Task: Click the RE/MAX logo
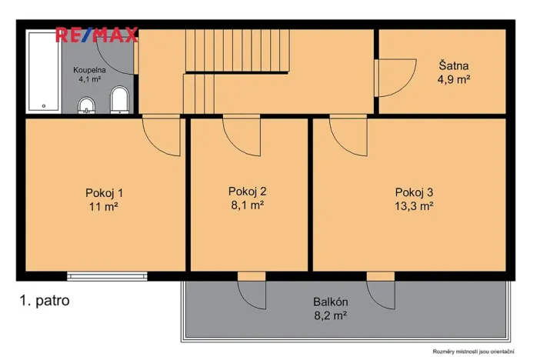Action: (96, 34)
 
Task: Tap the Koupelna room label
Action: (90, 70)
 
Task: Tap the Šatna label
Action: (453, 65)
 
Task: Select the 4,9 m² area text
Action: (453, 78)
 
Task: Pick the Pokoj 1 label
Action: (104, 192)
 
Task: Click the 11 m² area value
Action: (104, 206)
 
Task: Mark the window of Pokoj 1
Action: (107, 275)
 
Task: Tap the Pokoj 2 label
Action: (247, 191)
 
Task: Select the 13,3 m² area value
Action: (415, 205)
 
